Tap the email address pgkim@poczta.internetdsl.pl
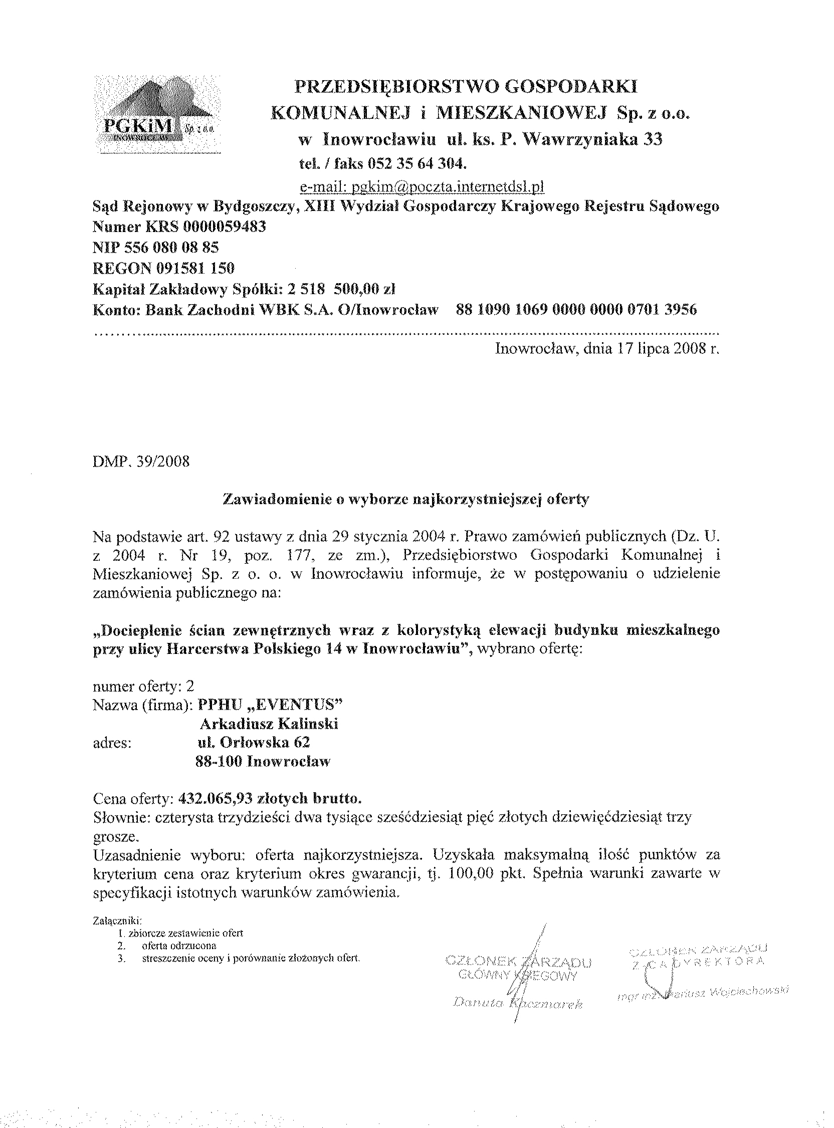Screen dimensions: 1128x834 (422, 187)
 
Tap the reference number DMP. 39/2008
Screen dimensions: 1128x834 (141, 462)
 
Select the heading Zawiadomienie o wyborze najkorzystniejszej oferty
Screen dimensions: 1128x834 (406, 500)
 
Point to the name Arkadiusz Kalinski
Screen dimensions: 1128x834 (269, 724)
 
